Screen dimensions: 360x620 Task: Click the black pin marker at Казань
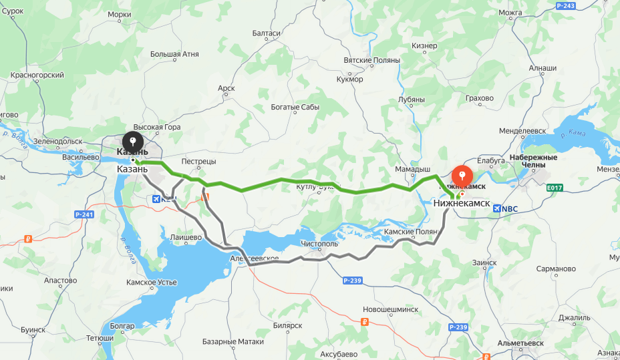click(133, 142)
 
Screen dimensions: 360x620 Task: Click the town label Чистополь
click(320, 244)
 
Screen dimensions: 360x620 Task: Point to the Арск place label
click(226, 88)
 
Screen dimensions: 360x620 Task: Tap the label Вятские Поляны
click(371, 60)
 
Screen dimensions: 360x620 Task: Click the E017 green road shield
click(554, 188)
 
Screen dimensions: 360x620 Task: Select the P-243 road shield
click(565, 6)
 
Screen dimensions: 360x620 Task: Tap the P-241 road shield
click(84, 214)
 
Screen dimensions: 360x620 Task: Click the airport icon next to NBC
click(496, 208)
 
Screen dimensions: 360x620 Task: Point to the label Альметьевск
click(520, 343)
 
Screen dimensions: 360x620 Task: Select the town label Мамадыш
click(413, 170)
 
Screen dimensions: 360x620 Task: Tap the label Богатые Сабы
click(295, 107)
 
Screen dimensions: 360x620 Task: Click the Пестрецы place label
click(198, 162)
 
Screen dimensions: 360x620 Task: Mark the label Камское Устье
click(152, 283)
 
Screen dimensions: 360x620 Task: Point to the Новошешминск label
click(390, 310)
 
